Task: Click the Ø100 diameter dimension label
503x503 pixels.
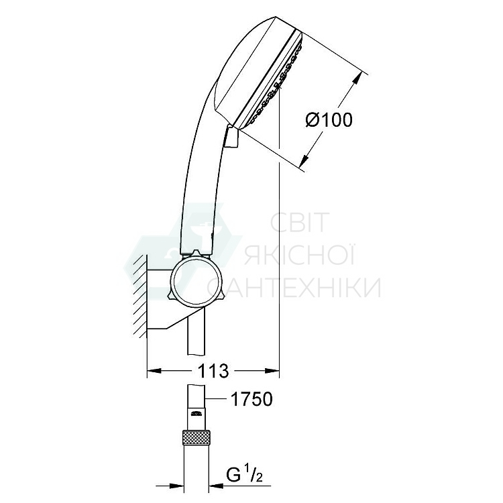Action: (x=329, y=120)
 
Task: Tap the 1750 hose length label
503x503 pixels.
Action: (x=251, y=400)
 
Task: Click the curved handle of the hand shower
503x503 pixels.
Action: (x=195, y=181)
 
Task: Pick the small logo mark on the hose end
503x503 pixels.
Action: (x=195, y=414)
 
